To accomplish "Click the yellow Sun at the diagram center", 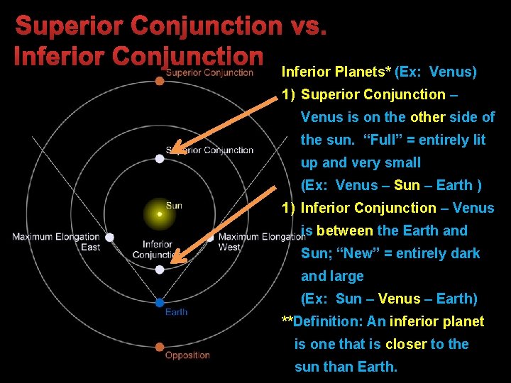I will pos(160,213).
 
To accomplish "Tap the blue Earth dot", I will pos(160,303).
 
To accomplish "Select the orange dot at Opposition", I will pos(160,348).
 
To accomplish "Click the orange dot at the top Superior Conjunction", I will pos(160,81).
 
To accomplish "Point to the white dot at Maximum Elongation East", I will pos(109,238).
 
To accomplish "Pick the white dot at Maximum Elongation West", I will pos(210,238).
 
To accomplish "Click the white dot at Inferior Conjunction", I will pos(160,270).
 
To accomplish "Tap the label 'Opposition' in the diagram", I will pos(187,355).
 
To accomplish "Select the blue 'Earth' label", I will pos(176,312).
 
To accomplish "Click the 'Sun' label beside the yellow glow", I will pos(174,205).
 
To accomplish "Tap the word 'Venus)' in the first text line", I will pos(453,72).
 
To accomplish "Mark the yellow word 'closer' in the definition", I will pos(406,344).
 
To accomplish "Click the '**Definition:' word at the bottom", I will pos(323,321).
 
